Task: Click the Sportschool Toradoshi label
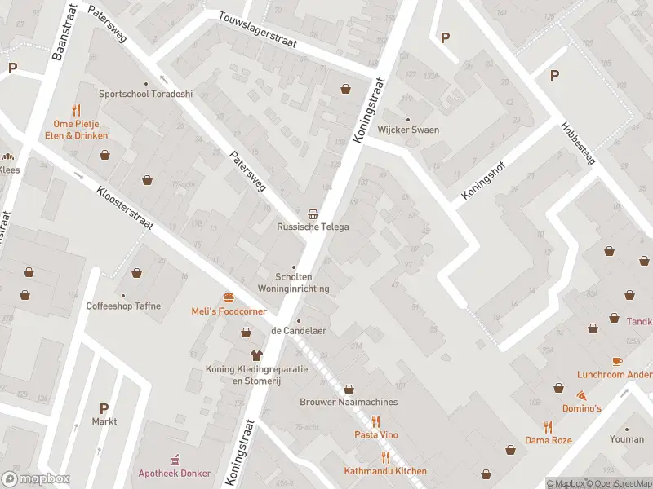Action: coord(146,94)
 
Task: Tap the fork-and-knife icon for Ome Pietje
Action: coord(76,109)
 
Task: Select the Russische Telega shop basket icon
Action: coord(313,212)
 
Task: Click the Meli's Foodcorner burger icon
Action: coord(228,297)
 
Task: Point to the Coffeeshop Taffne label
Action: coord(123,306)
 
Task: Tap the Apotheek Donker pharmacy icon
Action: coord(174,460)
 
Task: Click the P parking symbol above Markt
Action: coord(104,407)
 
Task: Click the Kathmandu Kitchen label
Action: coord(386,472)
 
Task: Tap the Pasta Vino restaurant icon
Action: coord(376,421)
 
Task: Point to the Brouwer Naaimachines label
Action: coord(349,403)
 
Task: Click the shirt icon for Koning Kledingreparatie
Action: coord(256,356)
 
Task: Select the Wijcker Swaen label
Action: coord(408,130)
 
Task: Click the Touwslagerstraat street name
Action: coord(257,30)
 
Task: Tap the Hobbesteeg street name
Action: coord(578,143)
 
